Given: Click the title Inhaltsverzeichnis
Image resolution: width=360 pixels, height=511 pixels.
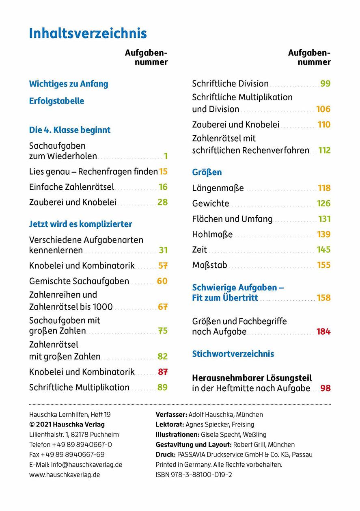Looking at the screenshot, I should point(88,33).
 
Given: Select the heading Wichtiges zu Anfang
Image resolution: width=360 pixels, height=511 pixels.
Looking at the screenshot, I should point(69,84).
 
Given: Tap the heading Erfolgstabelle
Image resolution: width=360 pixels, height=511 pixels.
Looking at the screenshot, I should point(56,101).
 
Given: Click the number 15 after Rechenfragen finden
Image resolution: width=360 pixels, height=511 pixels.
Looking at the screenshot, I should point(163,172).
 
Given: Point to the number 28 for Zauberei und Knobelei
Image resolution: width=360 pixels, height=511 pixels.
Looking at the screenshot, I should point(162,202).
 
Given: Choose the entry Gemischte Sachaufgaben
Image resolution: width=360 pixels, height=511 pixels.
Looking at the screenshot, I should point(79,281).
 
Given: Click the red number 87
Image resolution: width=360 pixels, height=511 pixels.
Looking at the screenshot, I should point(162,372).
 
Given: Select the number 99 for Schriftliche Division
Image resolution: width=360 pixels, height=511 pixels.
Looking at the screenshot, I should point(325,84).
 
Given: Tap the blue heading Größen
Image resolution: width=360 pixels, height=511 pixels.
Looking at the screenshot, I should point(207,172).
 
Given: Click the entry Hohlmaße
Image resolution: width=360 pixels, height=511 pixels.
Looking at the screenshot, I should point(212,234).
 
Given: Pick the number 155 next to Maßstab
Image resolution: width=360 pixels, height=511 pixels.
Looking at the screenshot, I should point(324,265).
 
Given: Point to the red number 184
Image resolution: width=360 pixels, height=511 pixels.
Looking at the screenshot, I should point(323,332).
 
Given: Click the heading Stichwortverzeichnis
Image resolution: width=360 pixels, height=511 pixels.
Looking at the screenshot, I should point(233,354).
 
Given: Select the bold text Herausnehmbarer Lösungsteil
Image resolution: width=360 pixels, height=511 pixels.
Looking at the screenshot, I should point(252,378).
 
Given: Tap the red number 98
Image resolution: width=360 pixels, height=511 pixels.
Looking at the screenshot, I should point(325,388).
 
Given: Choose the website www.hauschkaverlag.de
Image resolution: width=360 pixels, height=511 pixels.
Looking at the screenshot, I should point(65,474).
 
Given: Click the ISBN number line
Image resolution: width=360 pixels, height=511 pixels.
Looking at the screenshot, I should point(194,474).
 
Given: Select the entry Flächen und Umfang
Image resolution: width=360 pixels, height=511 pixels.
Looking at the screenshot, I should point(232,219).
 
